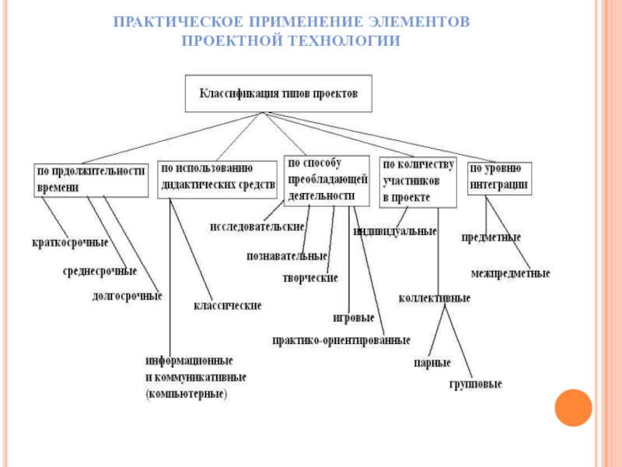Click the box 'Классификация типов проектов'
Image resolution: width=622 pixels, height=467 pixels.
click(278, 93)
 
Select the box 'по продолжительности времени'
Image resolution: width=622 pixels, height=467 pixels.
click(90, 180)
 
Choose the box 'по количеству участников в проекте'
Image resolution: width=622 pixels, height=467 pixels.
click(417, 181)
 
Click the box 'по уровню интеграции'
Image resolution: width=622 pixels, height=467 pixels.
click(499, 178)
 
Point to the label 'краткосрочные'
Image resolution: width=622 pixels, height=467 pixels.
click(70, 243)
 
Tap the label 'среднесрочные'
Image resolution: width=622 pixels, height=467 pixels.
click(100, 272)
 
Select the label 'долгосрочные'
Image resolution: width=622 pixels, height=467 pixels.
click(127, 296)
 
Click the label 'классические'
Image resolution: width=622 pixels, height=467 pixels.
click(227, 306)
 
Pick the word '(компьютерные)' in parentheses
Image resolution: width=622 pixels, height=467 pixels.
click(186, 395)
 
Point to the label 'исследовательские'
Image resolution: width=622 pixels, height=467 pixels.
click(257, 226)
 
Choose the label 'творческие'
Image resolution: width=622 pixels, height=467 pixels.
click(309, 278)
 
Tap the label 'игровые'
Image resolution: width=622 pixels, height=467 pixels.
click(354, 318)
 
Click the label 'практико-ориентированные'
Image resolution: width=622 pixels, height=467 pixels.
click(341, 340)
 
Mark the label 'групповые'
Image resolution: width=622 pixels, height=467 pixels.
click(475, 384)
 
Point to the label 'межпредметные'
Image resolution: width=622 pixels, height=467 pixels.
click(510, 274)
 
